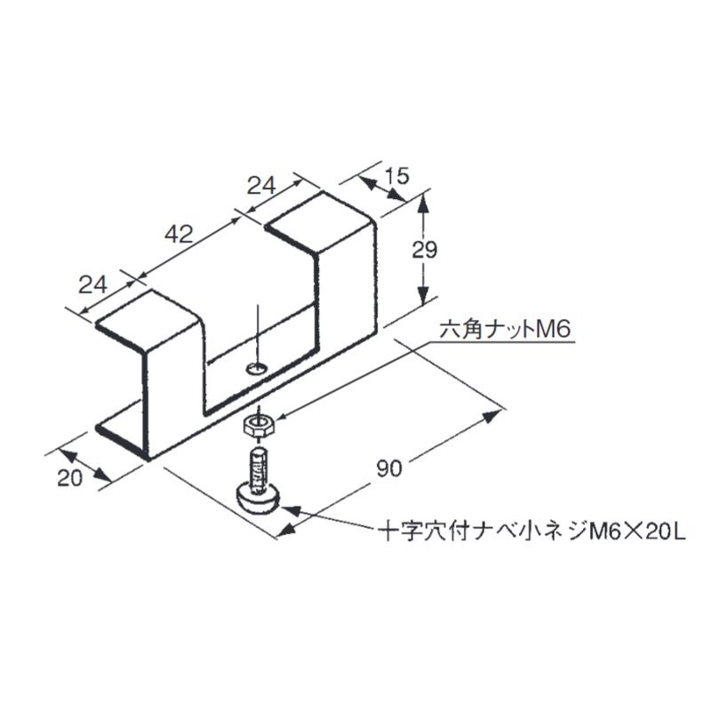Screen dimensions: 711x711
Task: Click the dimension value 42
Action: pos(179,235)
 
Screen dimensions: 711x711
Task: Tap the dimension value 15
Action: pos(398,176)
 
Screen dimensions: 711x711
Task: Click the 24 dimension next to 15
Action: pos(260,186)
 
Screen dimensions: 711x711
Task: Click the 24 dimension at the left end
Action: pos(93,285)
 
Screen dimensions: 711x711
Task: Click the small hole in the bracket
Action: pos(257,367)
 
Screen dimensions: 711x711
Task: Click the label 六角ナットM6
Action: pos(503,332)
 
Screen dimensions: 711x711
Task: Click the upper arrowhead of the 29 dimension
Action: pos(425,202)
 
